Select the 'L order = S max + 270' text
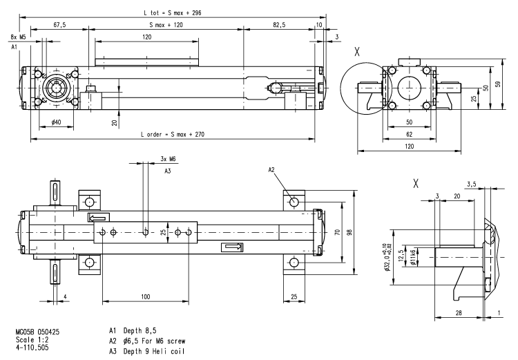(x=172, y=134)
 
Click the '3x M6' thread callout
(x=167, y=158)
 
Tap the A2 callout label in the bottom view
(x=271, y=170)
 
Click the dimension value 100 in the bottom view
(x=144, y=296)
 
